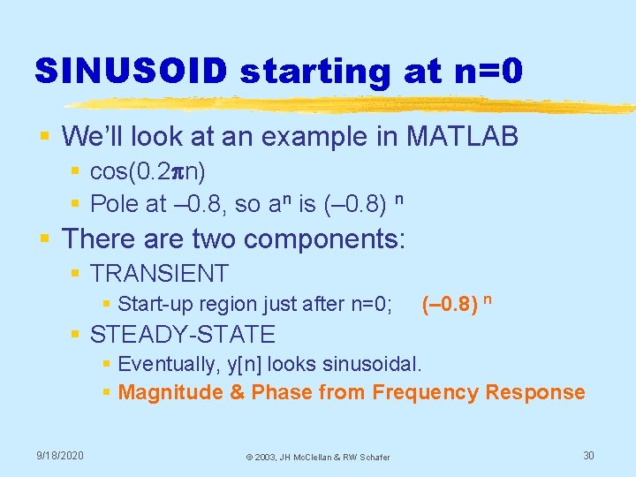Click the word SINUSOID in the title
click(x=130, y=71)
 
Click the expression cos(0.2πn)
click(x=148, y=172)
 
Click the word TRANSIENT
click(x=159, y=274)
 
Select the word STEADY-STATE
click(x=183, y=335)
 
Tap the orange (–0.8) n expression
click(x=457, y=304)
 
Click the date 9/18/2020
click(x=60, y=455)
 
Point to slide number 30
click(x=589, y=455)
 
